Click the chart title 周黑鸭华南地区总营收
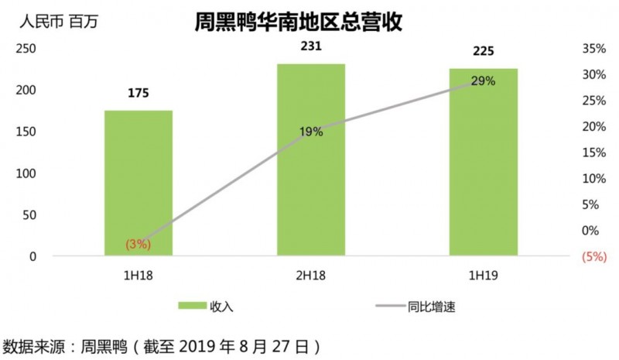(x=297, y=22)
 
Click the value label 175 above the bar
(x=139, y=94)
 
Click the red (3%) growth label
(x=138, y=244)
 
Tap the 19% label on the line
(x=311, y=132)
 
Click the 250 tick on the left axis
(x=27, y=48)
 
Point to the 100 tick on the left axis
(x=27, y=173)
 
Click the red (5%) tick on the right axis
(x=593, y=256)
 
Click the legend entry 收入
(x=221, y=306)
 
